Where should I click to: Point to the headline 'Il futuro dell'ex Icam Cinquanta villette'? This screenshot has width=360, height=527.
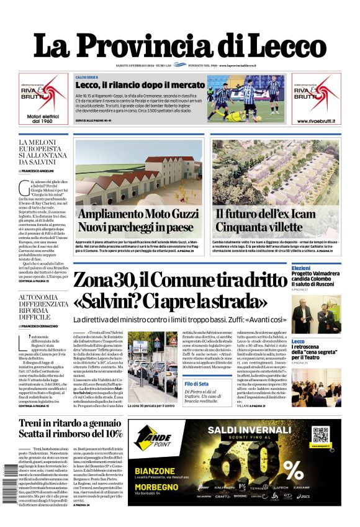click(276, 220)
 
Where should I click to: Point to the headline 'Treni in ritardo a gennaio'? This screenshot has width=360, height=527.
click(70, 423)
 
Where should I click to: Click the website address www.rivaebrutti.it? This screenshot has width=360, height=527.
click(316, 121)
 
